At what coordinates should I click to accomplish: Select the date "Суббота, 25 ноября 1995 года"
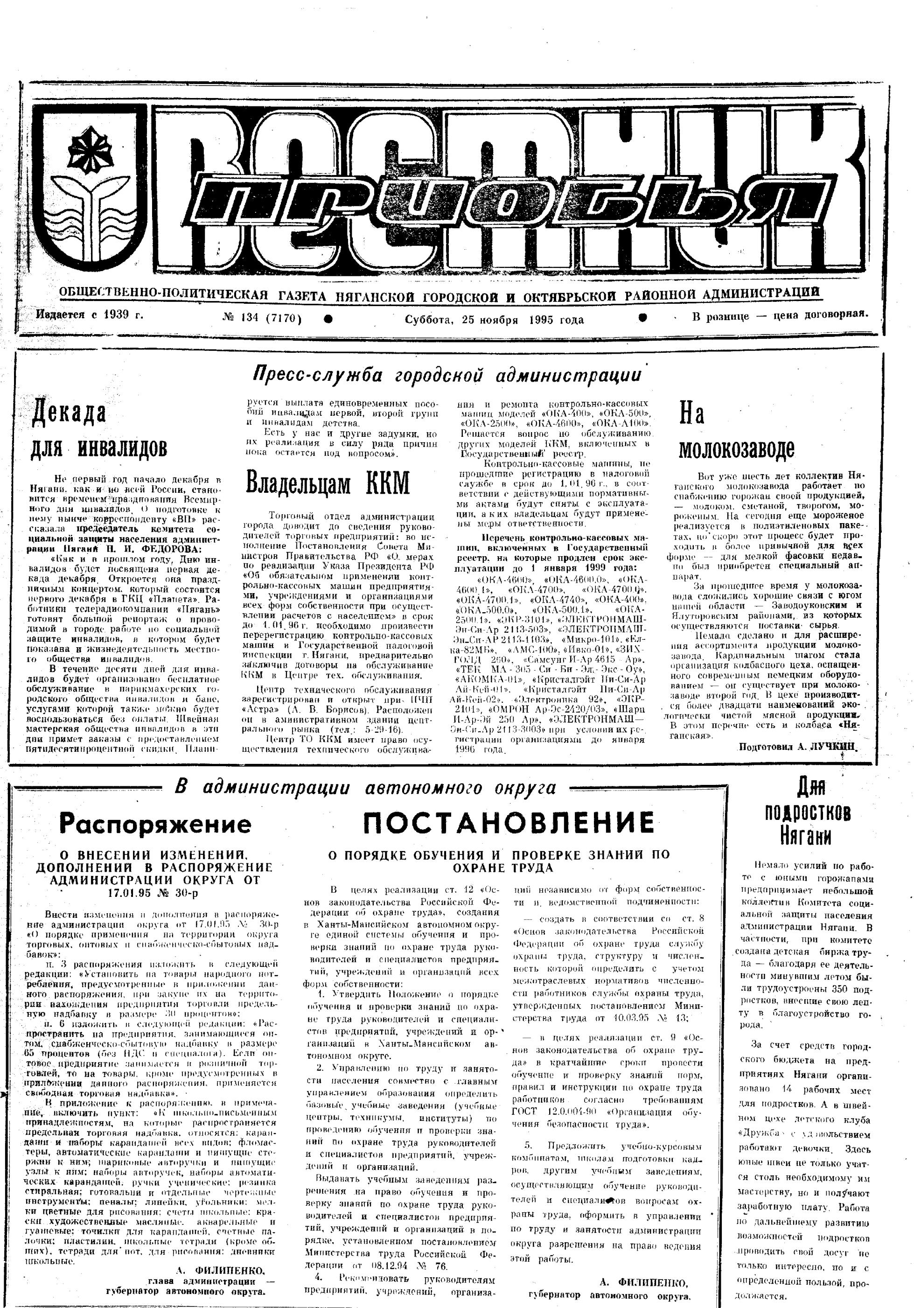point(494,320)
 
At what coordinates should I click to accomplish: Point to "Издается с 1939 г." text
point(90,315)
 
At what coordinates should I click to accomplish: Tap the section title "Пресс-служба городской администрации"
point(447,376)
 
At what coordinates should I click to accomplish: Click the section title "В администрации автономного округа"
point(364,787)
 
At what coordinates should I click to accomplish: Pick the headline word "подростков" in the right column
point(808,813)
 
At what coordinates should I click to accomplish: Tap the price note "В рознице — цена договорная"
point(780,315)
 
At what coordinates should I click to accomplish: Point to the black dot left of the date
point(328,319)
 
